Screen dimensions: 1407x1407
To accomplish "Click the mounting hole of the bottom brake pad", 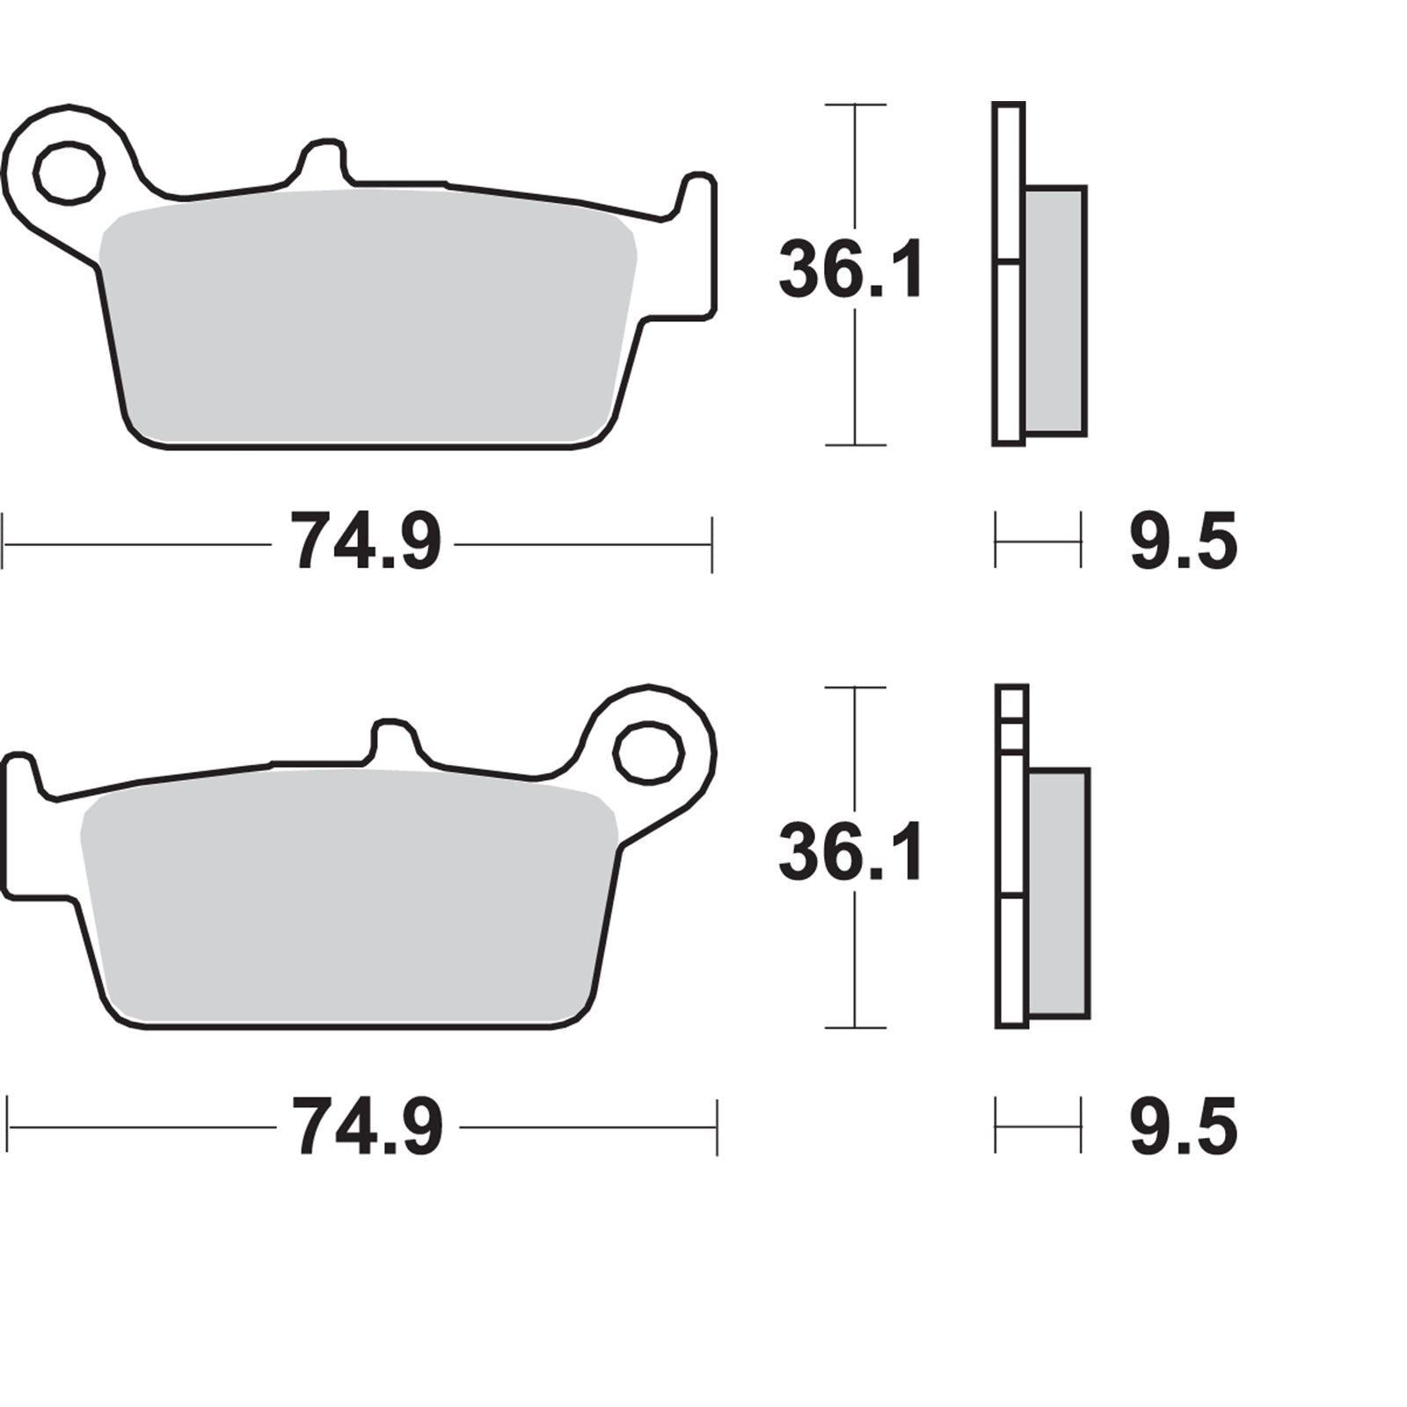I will click(x=649, y=754).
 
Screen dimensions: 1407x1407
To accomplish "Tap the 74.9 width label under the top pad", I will click(x=367, y=543).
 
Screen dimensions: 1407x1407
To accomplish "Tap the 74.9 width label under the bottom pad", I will click(x=368, y=1126).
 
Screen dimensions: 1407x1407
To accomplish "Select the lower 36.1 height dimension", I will click(x=851, y=853).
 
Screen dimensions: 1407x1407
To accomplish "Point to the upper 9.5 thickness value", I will click(x=1183, y=543).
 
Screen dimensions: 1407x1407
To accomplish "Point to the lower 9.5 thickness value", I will click(x=1183, y=1126).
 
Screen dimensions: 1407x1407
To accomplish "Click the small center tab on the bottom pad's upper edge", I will click(x=392, y=740).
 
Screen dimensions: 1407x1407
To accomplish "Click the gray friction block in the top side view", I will click(x=1055, y=310).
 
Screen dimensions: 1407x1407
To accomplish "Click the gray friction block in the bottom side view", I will click(x=1058, y=893).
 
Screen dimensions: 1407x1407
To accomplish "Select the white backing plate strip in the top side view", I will click(x=1009, y=352).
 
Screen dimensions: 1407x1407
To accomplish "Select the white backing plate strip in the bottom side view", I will click(x=1011, y=959).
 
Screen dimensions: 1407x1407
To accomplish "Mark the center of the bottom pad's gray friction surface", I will click(x=347, y=901).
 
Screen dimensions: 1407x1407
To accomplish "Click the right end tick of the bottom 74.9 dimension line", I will click(x=717, y=1126).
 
